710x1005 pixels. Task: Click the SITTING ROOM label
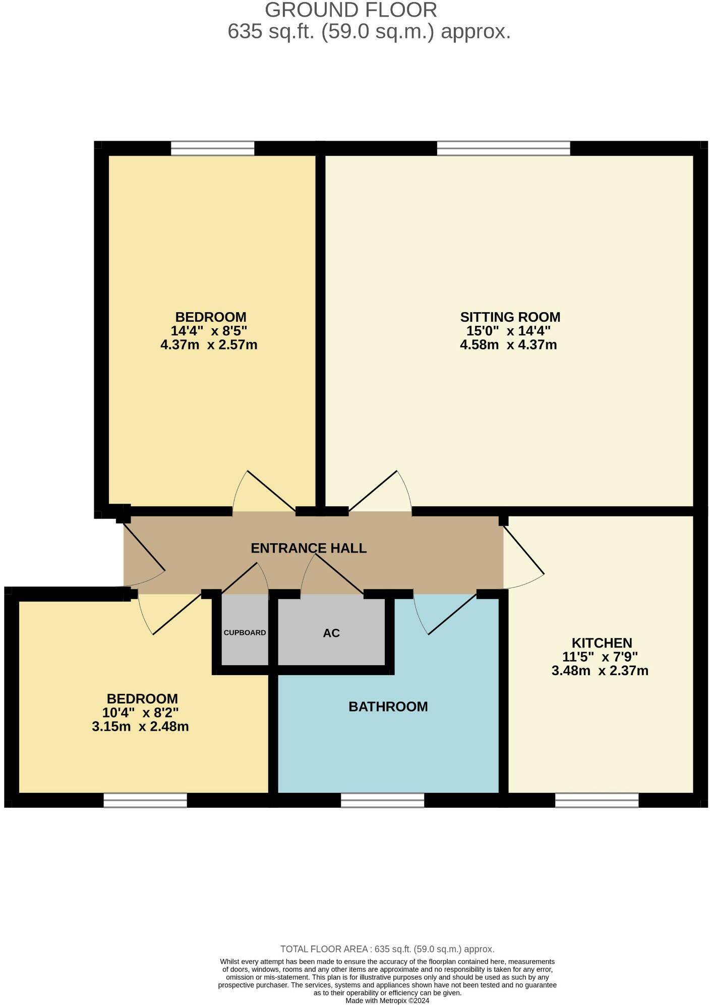coord(510,317)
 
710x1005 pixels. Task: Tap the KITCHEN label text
coord(602,643)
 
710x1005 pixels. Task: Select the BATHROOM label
coord(388,706)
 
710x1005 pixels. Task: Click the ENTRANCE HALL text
coord(309,548)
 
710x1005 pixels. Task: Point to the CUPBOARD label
coord(245,632)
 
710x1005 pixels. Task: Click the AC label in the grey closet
coord(331,633)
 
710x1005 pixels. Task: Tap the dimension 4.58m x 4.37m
coord(508,345)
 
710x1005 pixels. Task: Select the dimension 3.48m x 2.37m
coord(600,671)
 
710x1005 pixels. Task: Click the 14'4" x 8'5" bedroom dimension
coord(209,331)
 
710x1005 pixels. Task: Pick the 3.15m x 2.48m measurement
coord(140,727)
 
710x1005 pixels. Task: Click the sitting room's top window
coord(503,148)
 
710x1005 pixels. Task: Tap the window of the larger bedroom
coord(212,148)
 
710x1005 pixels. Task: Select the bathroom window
coord(382,800)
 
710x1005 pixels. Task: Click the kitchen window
coord(597,800)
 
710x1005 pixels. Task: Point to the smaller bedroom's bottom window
coord(145,800)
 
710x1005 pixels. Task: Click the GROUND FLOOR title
coord(350,10)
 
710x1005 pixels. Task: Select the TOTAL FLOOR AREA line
coord(387,949)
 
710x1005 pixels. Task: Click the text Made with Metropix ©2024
coord(387,1000)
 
